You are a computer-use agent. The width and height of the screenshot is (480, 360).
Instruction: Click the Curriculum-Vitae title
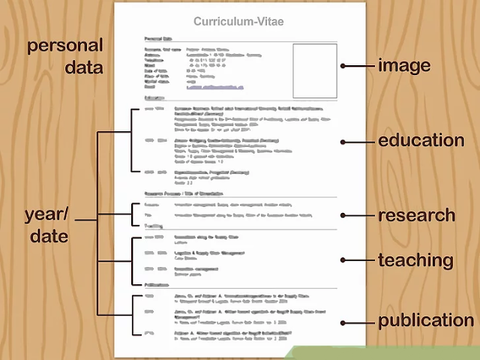click(x=238, y=22)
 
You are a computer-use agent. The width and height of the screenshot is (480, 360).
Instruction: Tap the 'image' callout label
click(x=404, y=65)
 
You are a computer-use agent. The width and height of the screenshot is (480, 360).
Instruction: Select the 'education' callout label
click(x=421, y=140)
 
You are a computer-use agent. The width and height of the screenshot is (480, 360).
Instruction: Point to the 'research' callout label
click(x=416, y=216)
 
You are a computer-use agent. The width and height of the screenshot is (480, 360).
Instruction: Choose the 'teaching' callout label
click(x=415, y=261)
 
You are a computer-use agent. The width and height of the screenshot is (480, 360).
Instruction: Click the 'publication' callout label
click(x=425, y=321)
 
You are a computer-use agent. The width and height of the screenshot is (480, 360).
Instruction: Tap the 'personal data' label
click(x=65, y=56)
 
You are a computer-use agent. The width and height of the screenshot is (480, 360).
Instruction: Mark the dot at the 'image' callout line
click(x=343, y=66)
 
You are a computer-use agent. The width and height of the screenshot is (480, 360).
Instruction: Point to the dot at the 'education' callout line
click(x=343, y=141)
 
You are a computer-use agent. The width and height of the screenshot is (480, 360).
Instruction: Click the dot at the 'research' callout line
click(x=343, y=216)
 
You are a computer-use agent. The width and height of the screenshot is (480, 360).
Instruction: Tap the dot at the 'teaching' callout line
click(x=343, y=261)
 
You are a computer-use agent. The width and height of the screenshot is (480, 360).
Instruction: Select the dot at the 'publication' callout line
click(x=343, y=322)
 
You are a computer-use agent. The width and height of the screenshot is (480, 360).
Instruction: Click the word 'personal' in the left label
click(x=65, y=46)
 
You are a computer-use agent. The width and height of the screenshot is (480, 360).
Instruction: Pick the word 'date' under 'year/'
click(x=49, y=236)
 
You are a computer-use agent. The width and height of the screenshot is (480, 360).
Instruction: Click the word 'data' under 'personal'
click(x=83, y=67)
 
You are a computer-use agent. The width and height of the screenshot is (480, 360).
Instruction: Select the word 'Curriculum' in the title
click(x=222, y=22)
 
